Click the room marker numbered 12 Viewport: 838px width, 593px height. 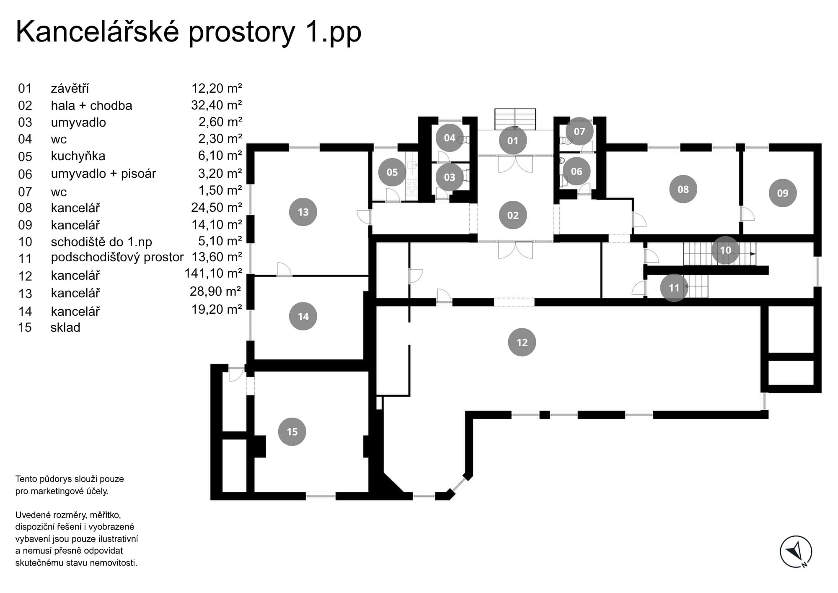pyautogui.click(x=522, y=342)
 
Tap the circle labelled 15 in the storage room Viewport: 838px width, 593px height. pyautogui.click(x=292, y=432)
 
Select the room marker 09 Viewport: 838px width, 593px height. pyautogui.click(x=782, y=193)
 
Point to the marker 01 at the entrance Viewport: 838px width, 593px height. pyautogui.click(x=512, y=140)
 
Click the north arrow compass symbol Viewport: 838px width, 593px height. pyautogui.click(x=796, y=552)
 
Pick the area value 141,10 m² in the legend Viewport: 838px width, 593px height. pyautogui.click(x=213, y=273)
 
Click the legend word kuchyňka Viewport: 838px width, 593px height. pyautogui.click(x=78, y=156)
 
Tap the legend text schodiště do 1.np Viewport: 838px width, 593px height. pyautogui.click(x=101, y=242)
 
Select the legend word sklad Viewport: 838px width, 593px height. pyautogui.click(x=65, y=328)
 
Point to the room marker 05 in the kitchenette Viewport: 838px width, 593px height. pyautogui.click(x=392, y=172)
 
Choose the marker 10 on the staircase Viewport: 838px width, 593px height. pyautogui.click(x=725, y=250)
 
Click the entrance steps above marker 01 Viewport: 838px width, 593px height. pyautogui.click(x=515, y=119)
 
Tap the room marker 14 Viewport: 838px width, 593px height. pyautogui.click(x=303, y=316)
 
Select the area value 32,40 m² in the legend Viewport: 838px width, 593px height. pyautogui.click(x=216, y=105)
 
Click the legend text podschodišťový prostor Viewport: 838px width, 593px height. pyautogui.click(x=117, y=257)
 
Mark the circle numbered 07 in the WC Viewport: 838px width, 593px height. pyautogui.click(x=579, y=131)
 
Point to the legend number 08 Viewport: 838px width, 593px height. pyautogui.click(x=25, y=208)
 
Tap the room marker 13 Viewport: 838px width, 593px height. pyautogui.click(x=303, y=212)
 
